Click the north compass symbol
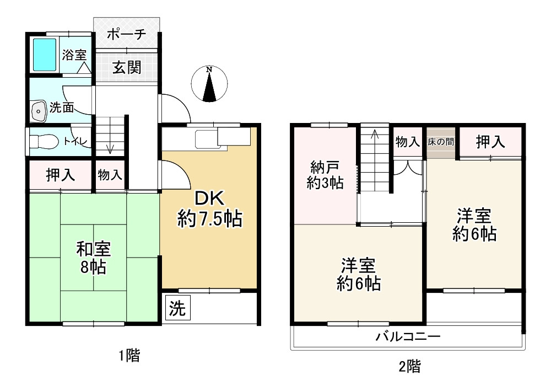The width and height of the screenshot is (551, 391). pos(209,85)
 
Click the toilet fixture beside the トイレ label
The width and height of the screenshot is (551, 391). pos(44,141)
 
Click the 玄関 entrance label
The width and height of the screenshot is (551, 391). pos(127,67)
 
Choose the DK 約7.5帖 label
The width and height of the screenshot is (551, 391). pos(209,209)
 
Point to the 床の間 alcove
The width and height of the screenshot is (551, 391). pos(441,142)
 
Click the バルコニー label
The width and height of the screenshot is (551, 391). pos(408,336)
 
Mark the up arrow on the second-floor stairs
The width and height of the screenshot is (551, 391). pos(375,136)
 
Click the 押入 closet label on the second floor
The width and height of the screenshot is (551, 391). pos(490,142)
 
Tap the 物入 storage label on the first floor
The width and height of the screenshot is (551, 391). pos(110,175)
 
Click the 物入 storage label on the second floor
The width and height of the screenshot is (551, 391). pos(408,142)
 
